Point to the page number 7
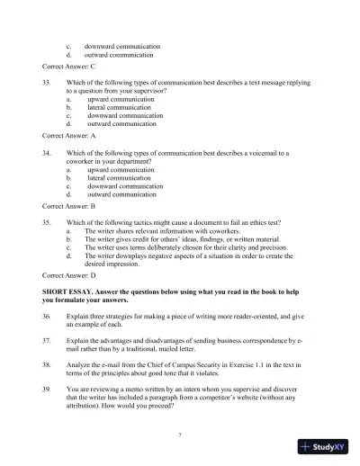pyautogui.click(x=180, y=435)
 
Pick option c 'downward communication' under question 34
pyautogui.click(x=125, y=185)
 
